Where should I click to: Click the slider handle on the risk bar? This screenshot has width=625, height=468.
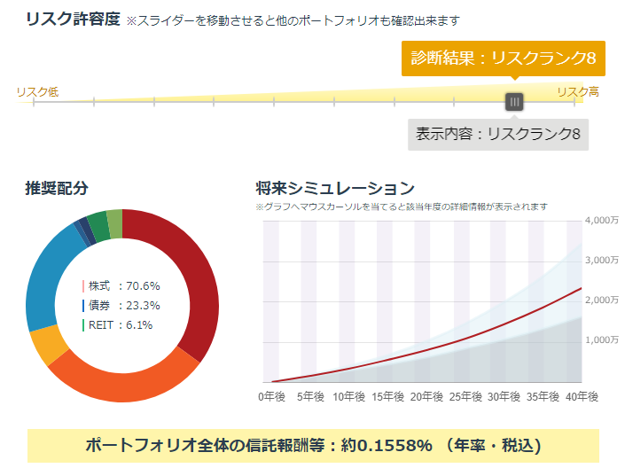(514, 102)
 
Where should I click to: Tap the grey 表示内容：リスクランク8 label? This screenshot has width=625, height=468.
(498, 134)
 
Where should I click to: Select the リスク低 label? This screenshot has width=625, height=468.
(37, 91)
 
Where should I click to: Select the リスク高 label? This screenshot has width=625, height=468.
(578, 91)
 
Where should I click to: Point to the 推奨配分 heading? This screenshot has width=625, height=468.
(57, 188)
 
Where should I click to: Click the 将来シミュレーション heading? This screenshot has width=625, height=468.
(334, 188)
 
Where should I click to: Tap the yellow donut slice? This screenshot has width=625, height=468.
(43, 344)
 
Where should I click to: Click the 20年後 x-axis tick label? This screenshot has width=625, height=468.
(427, 395)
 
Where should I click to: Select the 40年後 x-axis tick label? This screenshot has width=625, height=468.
(582, 395)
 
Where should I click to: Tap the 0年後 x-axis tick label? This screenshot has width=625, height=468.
(272, 395)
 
